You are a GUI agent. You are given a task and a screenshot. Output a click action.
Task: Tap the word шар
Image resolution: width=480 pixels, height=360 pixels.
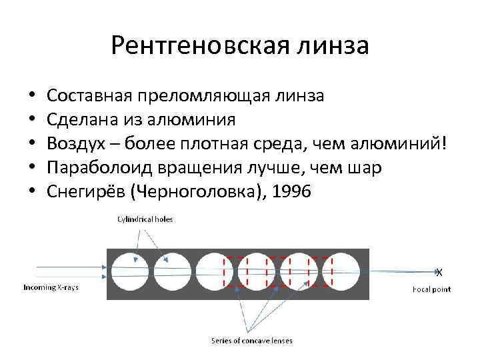[x=366, y=167]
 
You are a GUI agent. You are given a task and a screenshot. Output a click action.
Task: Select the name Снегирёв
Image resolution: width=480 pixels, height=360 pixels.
[x=86, y=191]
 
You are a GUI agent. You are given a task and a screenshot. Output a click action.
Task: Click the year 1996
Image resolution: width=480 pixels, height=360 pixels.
[x=288, y=191]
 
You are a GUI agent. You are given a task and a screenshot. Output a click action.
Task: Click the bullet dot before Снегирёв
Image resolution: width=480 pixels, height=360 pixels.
[x=32, y=192]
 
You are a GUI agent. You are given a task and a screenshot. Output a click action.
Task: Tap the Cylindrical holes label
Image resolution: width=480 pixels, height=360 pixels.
[x=145, y=219]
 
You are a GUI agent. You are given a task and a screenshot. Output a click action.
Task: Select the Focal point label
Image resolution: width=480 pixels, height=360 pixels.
[x=431, y=289]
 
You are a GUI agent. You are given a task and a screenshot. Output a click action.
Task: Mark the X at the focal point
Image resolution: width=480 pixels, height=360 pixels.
[x=439, y=272]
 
